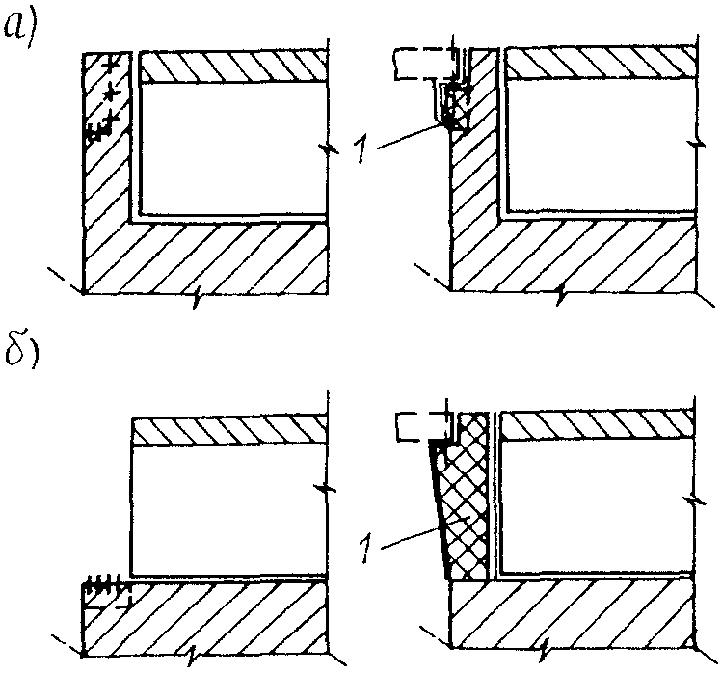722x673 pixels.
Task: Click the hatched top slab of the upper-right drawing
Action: (601, 65)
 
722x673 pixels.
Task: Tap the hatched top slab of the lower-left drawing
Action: (231, 431)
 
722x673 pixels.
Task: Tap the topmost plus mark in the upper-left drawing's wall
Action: (113, 66)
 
